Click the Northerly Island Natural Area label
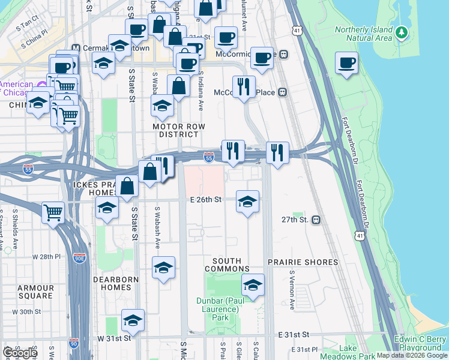[363, 34]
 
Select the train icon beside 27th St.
[316, 220]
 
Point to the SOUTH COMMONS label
[227, 265]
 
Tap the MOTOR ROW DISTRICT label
[179, 131]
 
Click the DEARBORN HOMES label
[116, 283]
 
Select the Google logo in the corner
[19, 352]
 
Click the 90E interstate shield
[79, 257]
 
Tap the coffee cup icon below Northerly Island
[347, 64]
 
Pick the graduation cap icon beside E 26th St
[247, 202]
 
